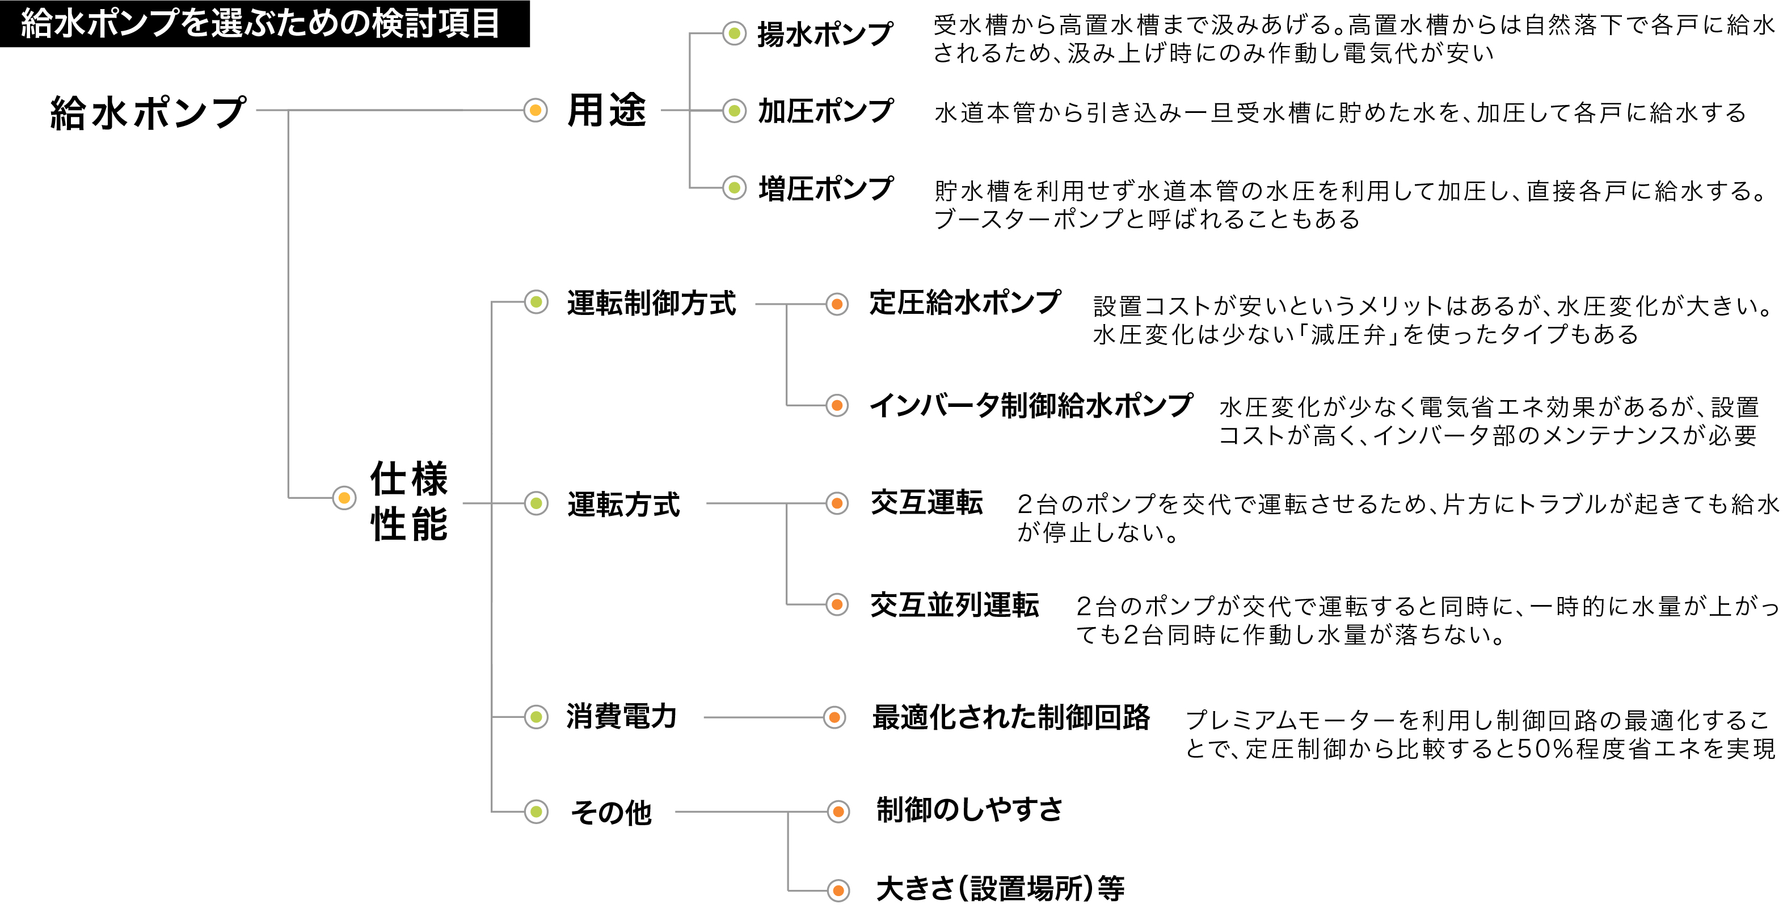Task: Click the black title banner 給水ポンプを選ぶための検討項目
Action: pos(264,23)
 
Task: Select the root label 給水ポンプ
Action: pos(148,112)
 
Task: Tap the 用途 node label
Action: pos(607,110)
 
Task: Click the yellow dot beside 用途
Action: pos(535,110)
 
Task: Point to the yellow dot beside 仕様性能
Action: pos(344,498)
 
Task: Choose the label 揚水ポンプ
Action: pos(825,34)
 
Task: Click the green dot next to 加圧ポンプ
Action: pos(735,110)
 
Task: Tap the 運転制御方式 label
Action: pos(651,303)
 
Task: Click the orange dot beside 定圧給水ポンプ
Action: pos(837,303)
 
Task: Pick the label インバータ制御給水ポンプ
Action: pos(1031,405)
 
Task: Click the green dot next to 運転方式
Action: pos(536,503)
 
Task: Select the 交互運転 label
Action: pos(927,503)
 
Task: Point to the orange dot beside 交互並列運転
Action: pos(837,604)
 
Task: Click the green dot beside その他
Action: pos(536,812)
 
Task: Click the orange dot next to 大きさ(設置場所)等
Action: pos(838,890)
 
